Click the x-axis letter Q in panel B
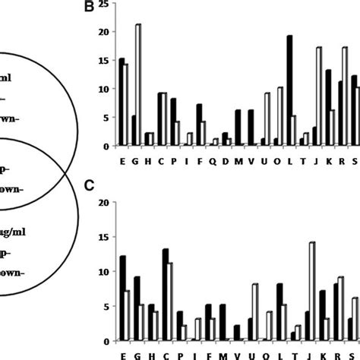[214, 160]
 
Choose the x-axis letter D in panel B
[226, 160]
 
